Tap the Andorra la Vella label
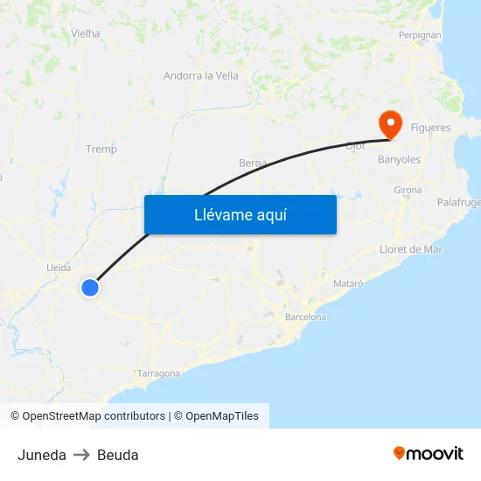[x=201, y=75]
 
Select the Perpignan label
[x=420, y=35]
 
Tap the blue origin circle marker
[x=90, y=287]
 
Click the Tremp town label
[x=101, y=149]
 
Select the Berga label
[x=252, y=163]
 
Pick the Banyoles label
[x=399, y=160]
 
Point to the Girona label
[x=408, y=190]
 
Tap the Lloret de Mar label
[x=411, y=249]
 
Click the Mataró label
[x=348, y=284]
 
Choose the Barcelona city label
[x=305, y=317]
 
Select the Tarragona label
[x=158, y=373]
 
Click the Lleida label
[x=59, y=268]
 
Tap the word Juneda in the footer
[x=42, y=455]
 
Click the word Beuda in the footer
[x=118, y=455]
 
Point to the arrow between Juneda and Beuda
[x=81, y=455]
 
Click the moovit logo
[x=429, y=454]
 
